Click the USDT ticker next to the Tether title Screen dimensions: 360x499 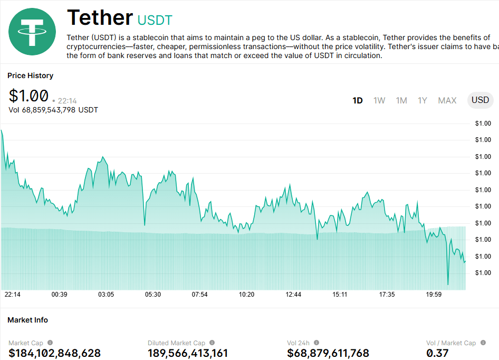pyautogui.click(x=155, y=21)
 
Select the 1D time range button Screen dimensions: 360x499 pyautogui.click(x=358, y=100)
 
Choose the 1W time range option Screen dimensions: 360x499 pyautogui.click(x=379, y=100)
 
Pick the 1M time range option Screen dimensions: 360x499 pyautogui.click(x=401, y=100)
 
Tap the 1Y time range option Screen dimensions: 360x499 pyautogui.click(x=423, y=100)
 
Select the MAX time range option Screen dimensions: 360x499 pyautogui.click(x=447, y=100)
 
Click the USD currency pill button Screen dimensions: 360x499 pyautogui.click(x=480, y=100)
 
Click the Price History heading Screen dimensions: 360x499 pyautogui.click(x=30, y=75)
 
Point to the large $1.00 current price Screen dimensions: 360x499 pyautogui.click(x=28, y=96)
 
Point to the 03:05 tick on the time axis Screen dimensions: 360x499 pyautogui.click(x=106, y=295)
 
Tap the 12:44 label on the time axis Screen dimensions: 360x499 pyautogui.click(x=293, y=295)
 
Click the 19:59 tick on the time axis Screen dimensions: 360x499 pyautogui.click(x=434, y=295)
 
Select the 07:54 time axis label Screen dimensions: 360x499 pyautogui.click(x=200, y=295)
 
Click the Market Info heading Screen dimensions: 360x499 pyautogui.click(x=27, y=320)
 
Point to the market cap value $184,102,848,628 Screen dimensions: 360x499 pyautogui.click(x=54, y=353)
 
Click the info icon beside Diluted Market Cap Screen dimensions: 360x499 pyautogui.click(x=212, y=343)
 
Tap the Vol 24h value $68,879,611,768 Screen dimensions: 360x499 pyautogui.click(x=328, y=353)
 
